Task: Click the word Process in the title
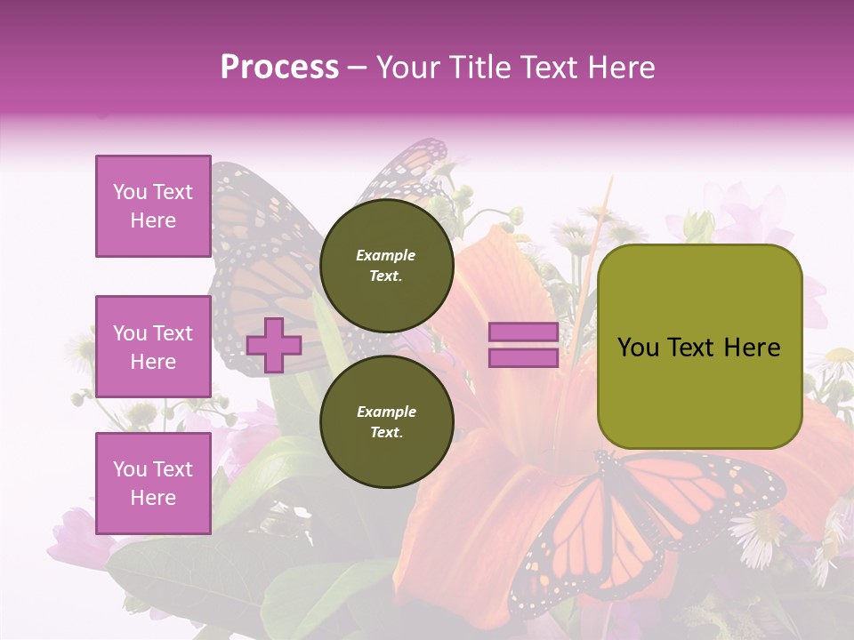tap(279, 68)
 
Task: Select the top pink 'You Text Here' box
tap(153, 206)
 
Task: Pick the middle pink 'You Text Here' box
tap(153, 347)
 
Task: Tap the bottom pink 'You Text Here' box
tap(153, 483)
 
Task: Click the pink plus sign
tap(274, 345)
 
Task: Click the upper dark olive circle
tap(386, 265)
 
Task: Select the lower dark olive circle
tap(386, 421)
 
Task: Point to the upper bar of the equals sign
tap(523, 332)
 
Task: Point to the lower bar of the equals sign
tap(523, 357)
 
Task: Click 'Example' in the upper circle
tap(386, 255)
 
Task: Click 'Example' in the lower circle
tap(386, 412)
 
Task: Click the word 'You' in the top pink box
tap(129, 192)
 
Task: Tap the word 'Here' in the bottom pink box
tap(153, 498)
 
